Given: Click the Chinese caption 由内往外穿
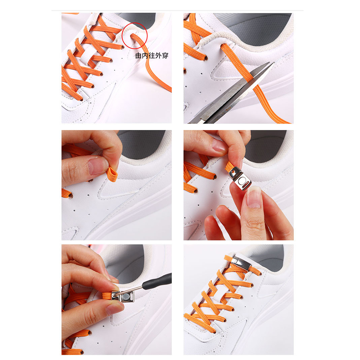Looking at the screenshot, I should [152, 56].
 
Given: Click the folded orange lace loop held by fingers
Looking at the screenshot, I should [113, 173].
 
